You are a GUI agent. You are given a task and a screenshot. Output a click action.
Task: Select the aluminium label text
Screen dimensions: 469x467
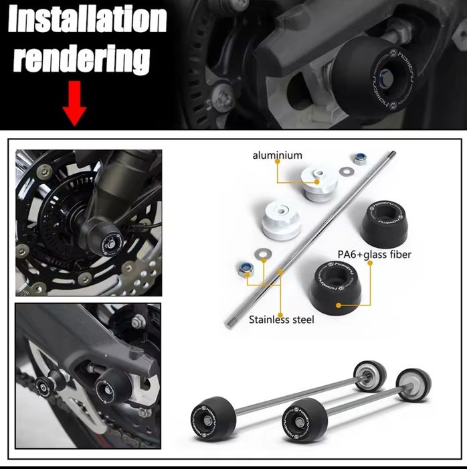(277, 155)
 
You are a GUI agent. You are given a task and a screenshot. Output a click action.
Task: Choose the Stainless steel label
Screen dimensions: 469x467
(281, 320)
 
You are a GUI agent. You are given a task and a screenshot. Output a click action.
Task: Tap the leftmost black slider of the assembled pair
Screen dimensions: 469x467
(211, 415)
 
